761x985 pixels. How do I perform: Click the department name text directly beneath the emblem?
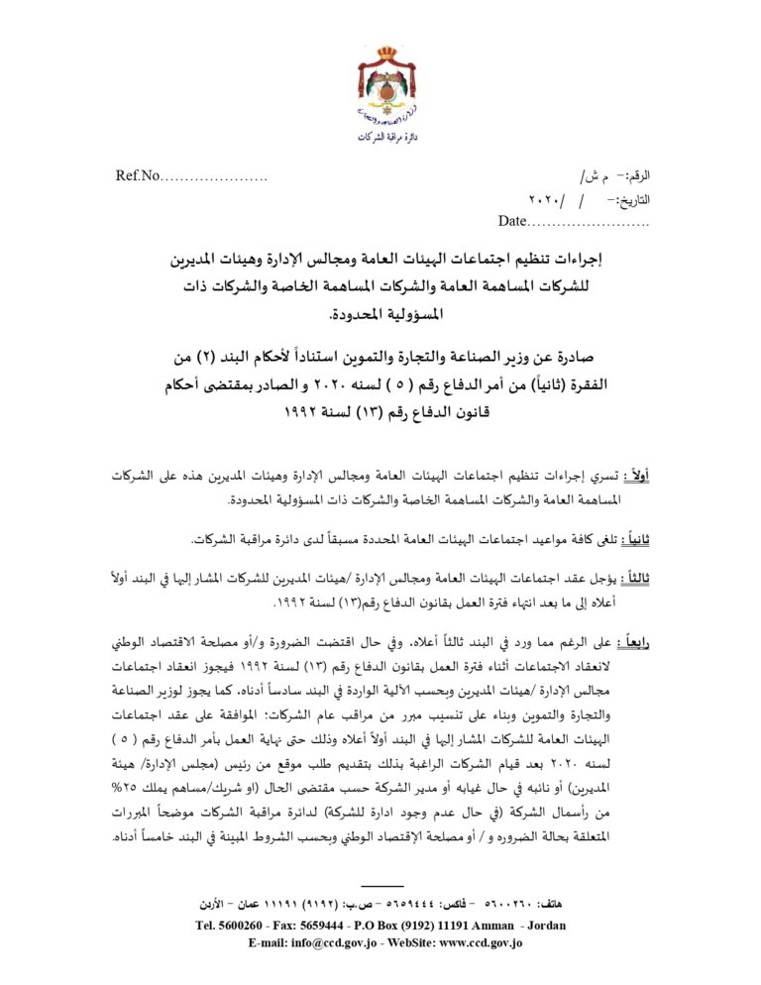[x=380, y=137]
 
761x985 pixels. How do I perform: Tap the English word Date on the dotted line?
[x=513, y=220]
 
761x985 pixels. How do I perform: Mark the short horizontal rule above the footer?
[x=381, y=885]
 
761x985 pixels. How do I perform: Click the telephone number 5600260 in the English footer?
[x=243, y=926]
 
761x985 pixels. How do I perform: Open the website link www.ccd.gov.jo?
[x=475, y=942]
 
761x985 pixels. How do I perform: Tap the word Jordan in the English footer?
[x=544, y=926]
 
